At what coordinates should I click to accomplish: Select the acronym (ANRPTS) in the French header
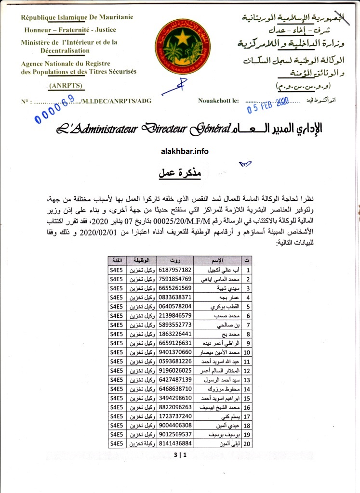[66, 86]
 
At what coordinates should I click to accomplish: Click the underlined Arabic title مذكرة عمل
[179, 173]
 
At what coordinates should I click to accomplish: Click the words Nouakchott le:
[218, 101]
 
